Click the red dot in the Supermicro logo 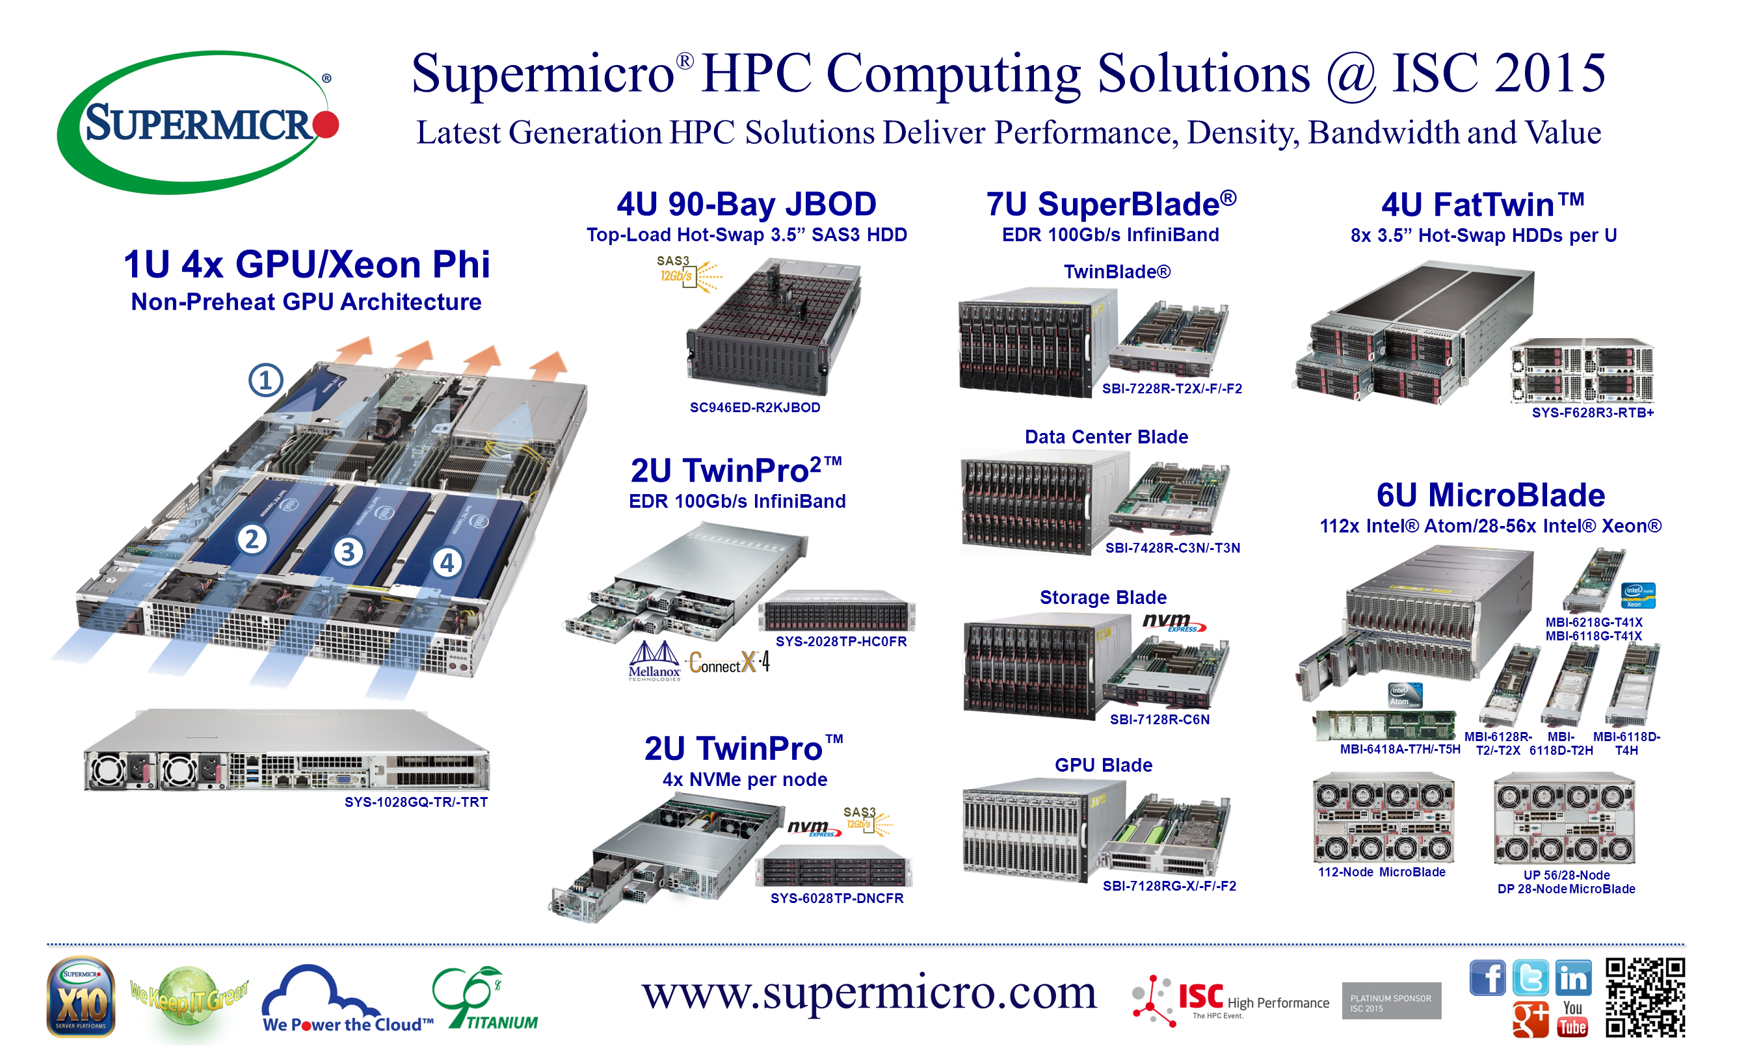click(326, 124)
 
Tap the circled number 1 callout click(266, 381)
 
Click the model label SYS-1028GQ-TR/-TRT click(416, 803)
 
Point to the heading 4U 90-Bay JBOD click(747, 204)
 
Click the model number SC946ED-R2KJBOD click(756, 408)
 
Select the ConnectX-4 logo click(729, 663)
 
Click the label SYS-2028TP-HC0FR click(841, 642)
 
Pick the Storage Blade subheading click(1104, 598)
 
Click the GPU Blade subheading click(1104, 766)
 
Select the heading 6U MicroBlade click(1491, 495)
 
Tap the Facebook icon click(1488, 978)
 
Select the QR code click(1646, 998)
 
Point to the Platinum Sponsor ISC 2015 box click(1392, 1001)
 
